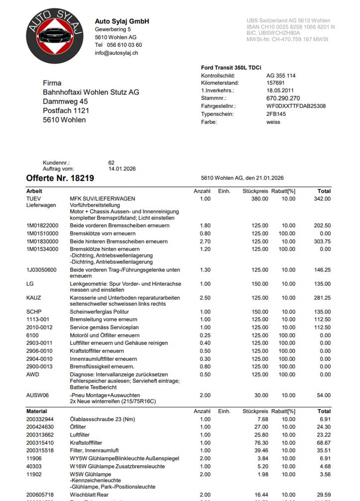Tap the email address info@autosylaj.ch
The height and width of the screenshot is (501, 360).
[116, 53]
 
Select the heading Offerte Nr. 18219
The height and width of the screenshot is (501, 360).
[60, 178]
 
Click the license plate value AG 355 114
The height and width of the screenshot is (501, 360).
[281, 76]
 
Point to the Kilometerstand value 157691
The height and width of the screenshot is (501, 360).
[275, 83]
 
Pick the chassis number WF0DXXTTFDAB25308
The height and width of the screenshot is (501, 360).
[296, 106]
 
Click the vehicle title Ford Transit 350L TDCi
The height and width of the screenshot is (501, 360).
[231, 68]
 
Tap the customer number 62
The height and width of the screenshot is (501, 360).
[111, 163]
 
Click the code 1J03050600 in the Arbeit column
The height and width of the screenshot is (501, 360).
[41, 270]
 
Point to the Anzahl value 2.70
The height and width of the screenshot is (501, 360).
[205, 242]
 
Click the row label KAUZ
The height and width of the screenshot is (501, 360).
[33, 298]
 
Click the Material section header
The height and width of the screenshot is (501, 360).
[37, 412]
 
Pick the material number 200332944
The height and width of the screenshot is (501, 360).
[40, 419]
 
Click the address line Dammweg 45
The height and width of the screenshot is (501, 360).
[66, 101]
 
